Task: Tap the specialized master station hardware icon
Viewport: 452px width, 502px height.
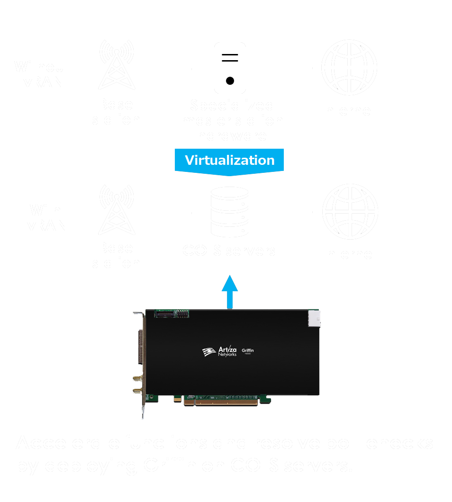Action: click(x=230, y=68)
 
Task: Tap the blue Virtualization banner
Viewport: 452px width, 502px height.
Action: click(x=230, y=160)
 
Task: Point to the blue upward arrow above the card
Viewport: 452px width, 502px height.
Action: click(x=230, y=291)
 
